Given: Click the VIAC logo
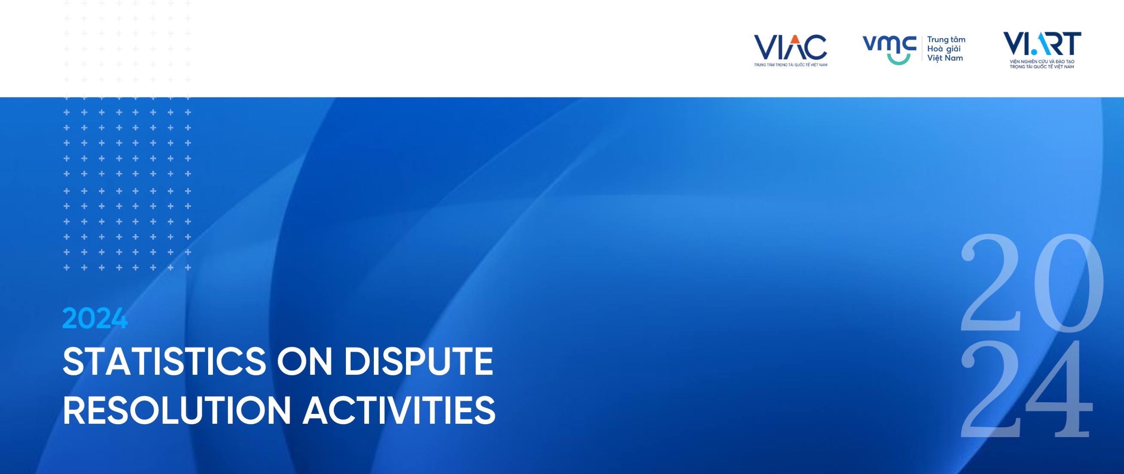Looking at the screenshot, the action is [791, 50].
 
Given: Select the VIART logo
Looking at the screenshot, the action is [1042, 50].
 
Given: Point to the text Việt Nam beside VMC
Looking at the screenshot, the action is [945, 58].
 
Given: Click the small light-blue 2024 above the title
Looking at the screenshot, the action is [95, 318].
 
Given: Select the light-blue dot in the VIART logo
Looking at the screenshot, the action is [1034, 52].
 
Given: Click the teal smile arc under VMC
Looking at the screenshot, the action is [899, 59].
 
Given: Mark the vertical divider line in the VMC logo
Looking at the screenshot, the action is [921, 49].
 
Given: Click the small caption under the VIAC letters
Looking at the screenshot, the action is [791, 65].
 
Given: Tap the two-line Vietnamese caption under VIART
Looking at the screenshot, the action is [1042, 64].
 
